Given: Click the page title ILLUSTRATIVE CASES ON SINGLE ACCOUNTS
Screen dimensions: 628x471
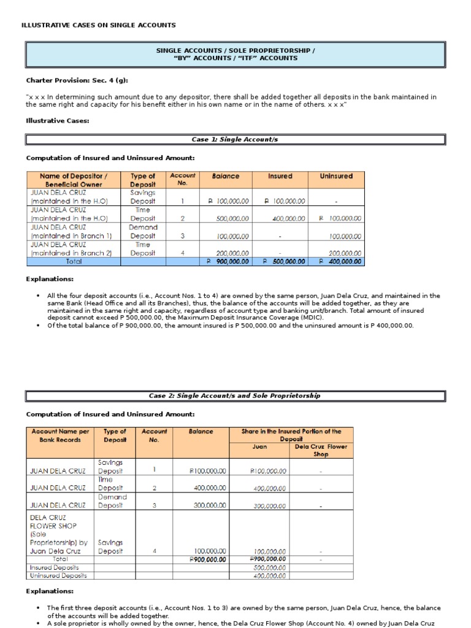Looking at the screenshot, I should pyautogui.click(x=99, y=25).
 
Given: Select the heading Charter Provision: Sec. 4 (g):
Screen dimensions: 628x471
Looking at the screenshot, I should pyautogui.click(x=77, y=80).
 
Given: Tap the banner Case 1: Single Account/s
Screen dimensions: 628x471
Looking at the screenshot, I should pyautogui.click(x=235, y=140).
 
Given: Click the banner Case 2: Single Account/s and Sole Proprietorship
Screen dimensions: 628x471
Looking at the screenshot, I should pyautogui.click(x=235, y=396).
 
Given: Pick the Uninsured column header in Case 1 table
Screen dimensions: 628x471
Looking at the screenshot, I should pyautogui.click(x=336, y=176).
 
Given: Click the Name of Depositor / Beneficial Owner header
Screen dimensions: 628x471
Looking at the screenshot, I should pyautogui.click(x=72, y=180).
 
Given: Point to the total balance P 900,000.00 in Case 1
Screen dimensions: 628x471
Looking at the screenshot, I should pyautogui.click(x=228, y=261).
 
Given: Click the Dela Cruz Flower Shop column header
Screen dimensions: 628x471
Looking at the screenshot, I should pyautogui.click(x=321, y=451).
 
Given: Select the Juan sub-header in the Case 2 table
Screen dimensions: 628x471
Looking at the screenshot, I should pyautogui.click(x=259, y=447).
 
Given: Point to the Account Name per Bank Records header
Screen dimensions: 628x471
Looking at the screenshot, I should pyautogui.click(x=59, y=435).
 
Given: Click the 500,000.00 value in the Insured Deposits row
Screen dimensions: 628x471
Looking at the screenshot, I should pyautogui.click(x=270, y=568).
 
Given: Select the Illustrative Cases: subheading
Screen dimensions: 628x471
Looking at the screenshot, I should pyautogui.click(x=58, y=121).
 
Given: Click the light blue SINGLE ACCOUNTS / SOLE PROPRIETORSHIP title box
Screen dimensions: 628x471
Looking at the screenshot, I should pyautogui.click(x=235, y=54).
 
